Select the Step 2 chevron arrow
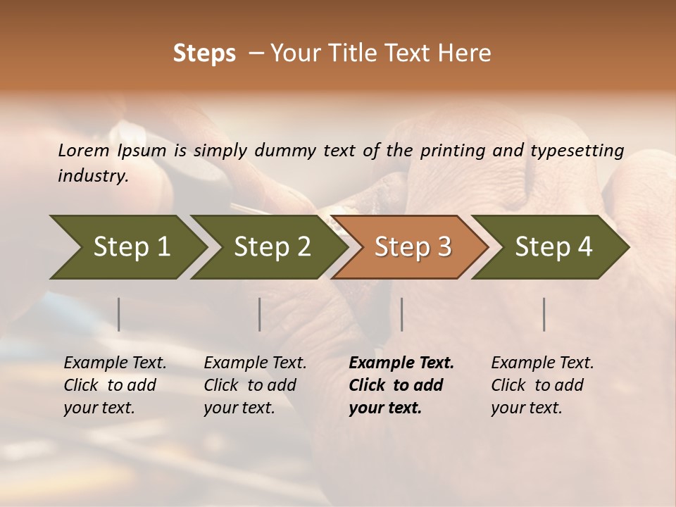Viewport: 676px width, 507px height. [x=270, y=246]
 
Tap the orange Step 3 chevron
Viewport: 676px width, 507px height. [x=411, y=246]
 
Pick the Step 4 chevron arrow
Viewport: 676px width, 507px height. [x=552, y=246]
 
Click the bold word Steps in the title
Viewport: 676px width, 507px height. [x=204, y=54]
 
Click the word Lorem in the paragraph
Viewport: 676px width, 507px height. [x=84, y=150]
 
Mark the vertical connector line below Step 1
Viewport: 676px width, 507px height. [x=119, y=314]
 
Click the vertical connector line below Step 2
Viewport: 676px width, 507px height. [x=260, y=314]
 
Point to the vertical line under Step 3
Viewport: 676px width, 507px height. [x=401, y=314]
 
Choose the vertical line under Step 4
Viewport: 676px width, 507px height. [x=544, y=314]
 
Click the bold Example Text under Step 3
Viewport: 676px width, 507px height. [x=401, y=363]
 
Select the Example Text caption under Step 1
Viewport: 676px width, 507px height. [x=115, y=363]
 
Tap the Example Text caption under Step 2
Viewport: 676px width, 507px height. [x=255, y=363]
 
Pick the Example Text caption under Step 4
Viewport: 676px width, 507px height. [x=542, y=363]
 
